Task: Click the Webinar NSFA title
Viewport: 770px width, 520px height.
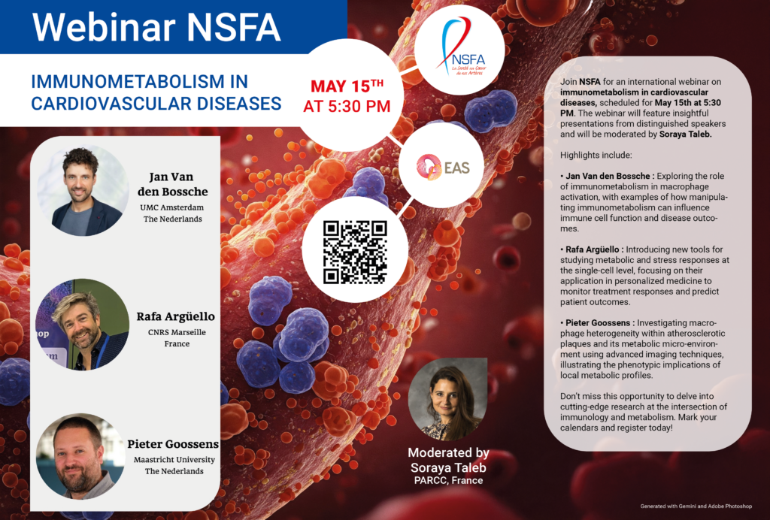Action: point(156,27)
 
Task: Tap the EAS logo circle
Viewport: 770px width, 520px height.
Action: point(441,166)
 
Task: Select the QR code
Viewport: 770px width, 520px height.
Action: point(355,252)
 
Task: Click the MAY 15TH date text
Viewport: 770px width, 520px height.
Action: point(347,84)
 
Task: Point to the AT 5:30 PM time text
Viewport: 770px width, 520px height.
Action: point(347,106)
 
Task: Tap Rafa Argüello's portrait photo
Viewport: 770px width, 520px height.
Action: point(83,324)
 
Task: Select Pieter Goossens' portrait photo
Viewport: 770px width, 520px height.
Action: point(80,456)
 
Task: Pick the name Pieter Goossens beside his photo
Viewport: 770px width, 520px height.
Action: point(174,444)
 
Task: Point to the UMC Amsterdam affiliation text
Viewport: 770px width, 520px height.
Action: point(174,207)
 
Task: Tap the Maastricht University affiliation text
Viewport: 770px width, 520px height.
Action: point(174,459)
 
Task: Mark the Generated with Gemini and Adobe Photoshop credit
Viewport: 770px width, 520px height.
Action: point(696,506)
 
